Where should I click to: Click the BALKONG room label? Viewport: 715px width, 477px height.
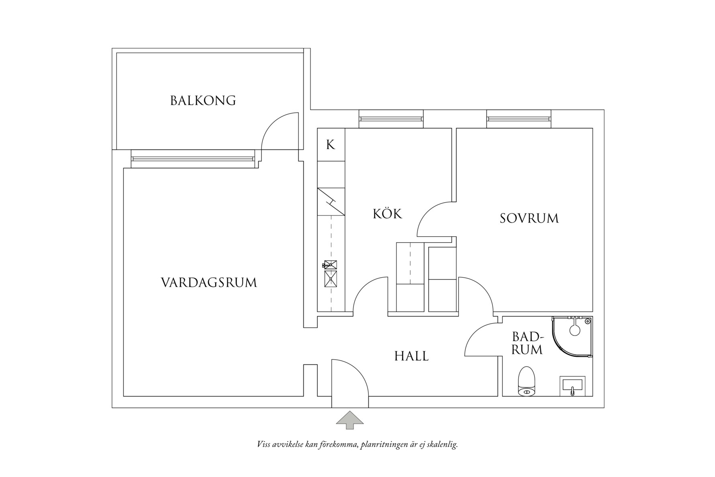coord(203,100)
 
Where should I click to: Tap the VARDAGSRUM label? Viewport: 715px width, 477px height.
coord(209,283)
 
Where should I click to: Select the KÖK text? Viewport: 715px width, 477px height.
coord(387,213)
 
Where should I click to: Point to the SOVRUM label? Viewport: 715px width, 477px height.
coord(529,218)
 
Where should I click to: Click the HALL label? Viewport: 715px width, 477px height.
coord(411,356)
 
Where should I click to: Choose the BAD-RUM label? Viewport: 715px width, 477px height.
coord(527,343)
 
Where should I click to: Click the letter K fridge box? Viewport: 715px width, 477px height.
coord(331,145)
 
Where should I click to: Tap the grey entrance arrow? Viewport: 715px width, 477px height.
coord(349,420)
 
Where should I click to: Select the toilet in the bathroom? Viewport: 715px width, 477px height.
coord(527,382)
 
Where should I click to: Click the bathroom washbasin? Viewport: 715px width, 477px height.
coord(572,386)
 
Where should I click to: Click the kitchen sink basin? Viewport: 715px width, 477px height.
coord(331,279)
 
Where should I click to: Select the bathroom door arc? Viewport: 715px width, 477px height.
coord(480,340)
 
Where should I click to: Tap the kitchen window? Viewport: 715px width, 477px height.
coord(391,119)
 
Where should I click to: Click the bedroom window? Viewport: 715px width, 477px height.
coord(518,119)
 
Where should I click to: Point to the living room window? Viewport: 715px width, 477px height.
coord(193,159)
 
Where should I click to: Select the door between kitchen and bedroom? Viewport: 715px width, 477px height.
coord(436,219)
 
